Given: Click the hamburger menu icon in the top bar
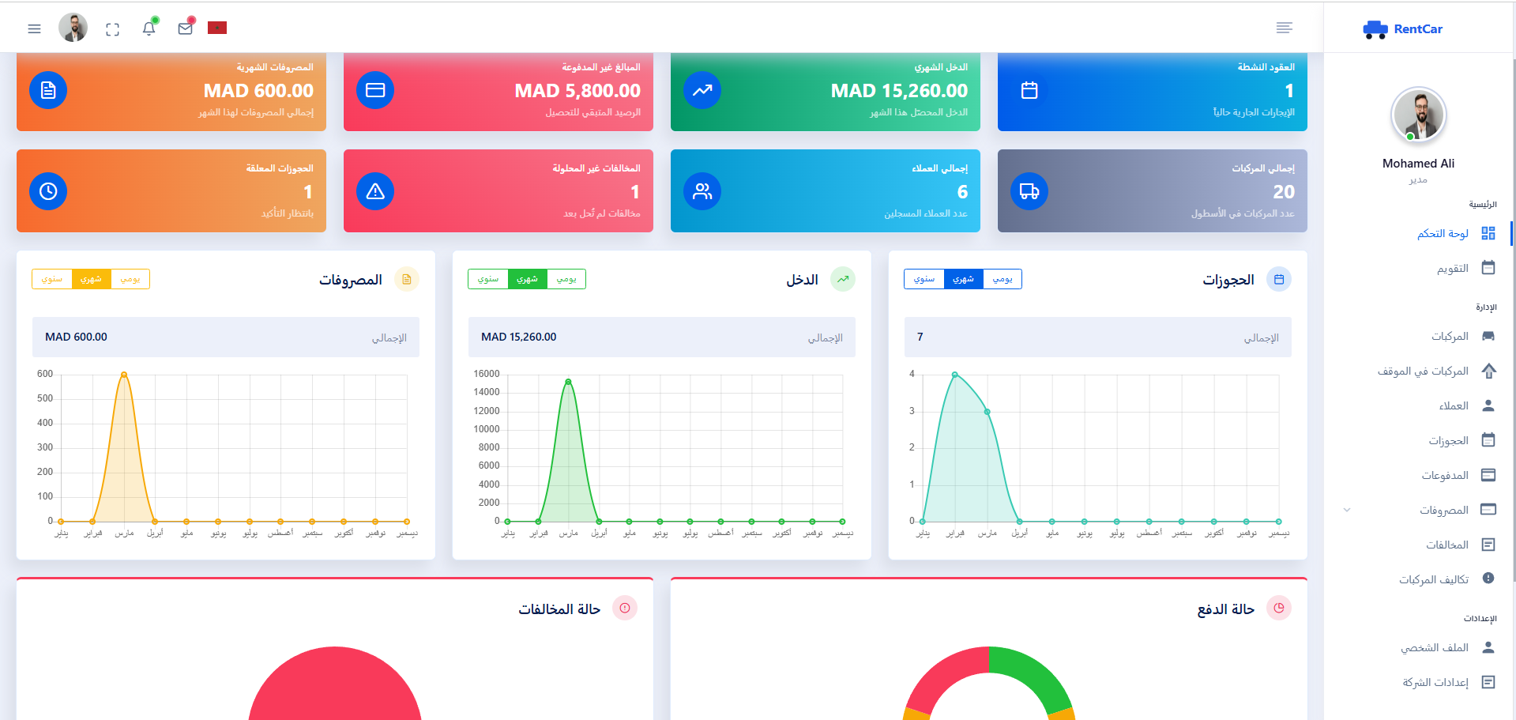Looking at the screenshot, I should click(34, 28).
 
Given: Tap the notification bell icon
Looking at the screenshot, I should click(149, 28).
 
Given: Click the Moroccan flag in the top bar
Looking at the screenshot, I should click(217, 28).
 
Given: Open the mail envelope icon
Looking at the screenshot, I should click(186, 28).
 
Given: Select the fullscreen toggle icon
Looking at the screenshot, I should click(112, 29).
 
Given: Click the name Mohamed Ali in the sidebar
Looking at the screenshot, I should click(1418, 164).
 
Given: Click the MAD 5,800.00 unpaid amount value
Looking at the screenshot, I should click(577, 91).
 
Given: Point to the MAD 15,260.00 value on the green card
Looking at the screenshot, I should click(899, 91).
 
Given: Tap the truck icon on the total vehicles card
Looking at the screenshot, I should click(1029, 191).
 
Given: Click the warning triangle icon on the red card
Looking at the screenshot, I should click(375, 191).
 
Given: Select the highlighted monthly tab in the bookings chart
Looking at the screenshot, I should click(963, 279).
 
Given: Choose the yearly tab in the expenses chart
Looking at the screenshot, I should click(52, 279).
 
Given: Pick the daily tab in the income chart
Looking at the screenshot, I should click(566, 279).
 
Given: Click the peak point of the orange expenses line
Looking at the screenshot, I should click(124, 375).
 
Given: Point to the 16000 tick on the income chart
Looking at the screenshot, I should click(487, 374).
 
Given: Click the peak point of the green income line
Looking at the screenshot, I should click(568, 382).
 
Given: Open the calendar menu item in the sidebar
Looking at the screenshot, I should click(1453, 269).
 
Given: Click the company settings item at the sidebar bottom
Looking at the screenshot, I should click(1435, 682).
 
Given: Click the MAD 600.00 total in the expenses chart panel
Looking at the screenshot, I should click(76, 337).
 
